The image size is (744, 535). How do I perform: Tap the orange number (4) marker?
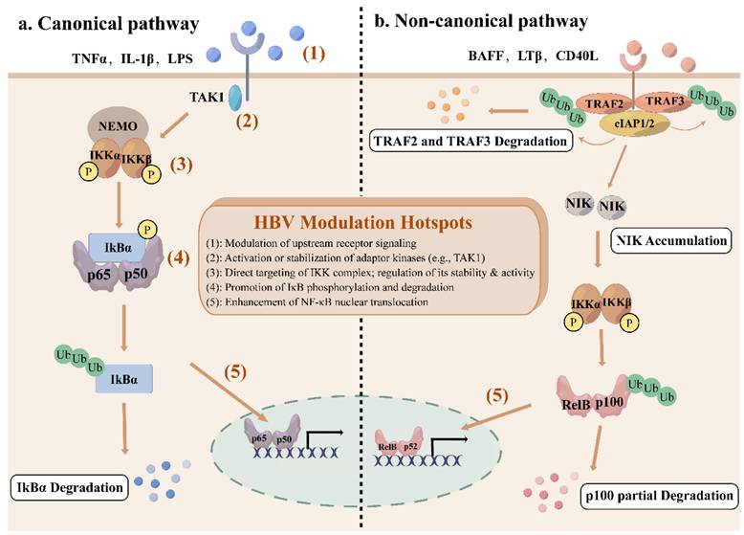[174, 257]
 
